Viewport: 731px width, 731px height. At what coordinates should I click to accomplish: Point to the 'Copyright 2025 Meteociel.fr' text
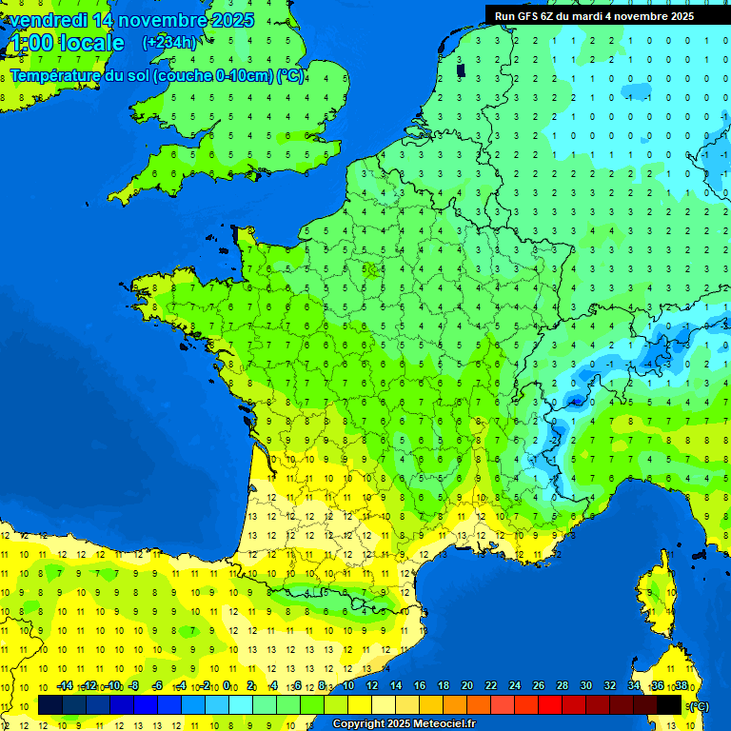click(404, 724)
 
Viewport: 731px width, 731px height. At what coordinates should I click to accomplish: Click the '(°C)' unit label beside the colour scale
click(698, 705)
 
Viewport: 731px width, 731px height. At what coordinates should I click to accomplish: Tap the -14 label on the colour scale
click(65, 686)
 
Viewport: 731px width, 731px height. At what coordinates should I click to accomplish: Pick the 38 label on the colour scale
click(682, 686)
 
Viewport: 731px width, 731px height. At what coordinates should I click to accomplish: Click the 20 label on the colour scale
click(467, 686)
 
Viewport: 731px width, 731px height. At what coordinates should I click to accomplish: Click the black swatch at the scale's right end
click(669, 705)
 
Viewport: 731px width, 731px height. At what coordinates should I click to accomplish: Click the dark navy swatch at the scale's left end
click(50, 705)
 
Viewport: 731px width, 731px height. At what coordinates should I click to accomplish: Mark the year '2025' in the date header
click(233, 20)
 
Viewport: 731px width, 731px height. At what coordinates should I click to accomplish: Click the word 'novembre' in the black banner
click(642, 15)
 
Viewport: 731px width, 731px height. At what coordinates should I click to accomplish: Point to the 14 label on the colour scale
click(396, 686)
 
